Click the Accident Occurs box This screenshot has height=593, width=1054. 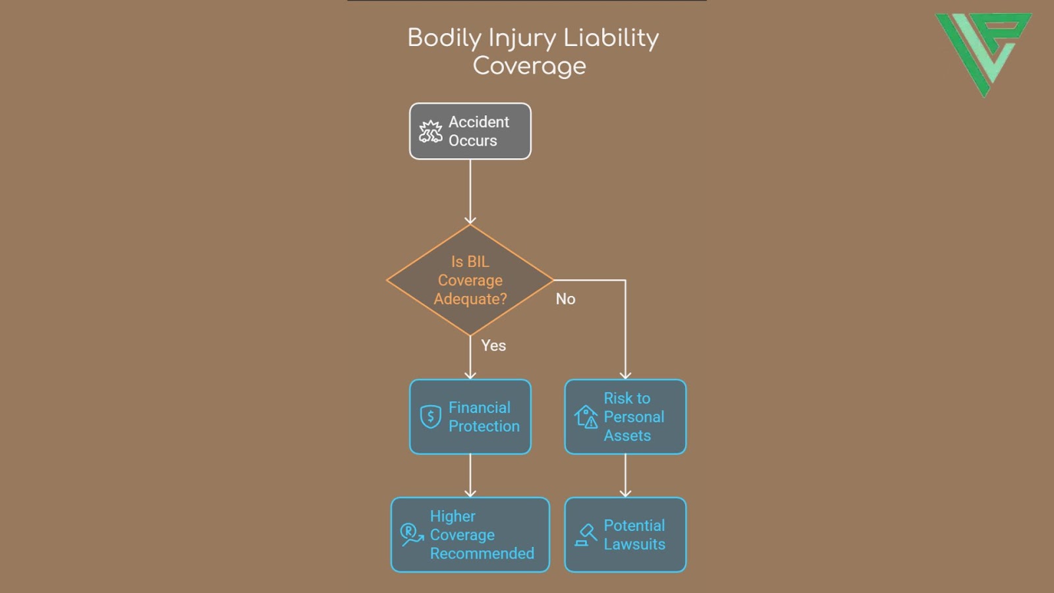470,131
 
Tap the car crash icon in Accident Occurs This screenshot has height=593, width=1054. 431,132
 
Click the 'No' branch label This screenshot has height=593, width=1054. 565,299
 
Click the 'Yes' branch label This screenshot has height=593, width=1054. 493,346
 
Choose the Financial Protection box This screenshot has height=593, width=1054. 470,416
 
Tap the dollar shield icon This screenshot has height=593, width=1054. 431,416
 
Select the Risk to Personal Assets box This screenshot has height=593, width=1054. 625,416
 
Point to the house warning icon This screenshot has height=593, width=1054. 586,416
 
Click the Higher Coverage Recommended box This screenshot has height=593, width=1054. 470,534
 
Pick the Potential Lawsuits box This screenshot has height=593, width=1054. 625,534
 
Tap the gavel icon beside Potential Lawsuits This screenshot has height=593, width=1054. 586,534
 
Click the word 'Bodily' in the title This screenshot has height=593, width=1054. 444,38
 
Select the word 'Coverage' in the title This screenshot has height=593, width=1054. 529,66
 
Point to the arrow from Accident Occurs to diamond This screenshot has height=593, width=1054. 470,191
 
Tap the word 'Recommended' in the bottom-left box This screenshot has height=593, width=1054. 482,553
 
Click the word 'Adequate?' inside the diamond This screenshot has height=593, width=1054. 470,299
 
